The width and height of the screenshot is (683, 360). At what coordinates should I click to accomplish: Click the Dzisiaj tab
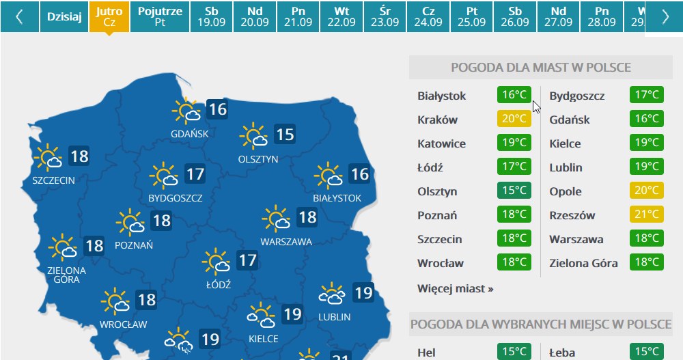click(x=64, y=16)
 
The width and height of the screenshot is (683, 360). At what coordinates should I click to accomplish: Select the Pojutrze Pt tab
click(x=160, y=16)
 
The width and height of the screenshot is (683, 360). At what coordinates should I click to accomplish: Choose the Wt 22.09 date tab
click(x=341, y=16)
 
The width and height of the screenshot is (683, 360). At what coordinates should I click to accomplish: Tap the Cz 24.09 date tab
click(x=428, y=16)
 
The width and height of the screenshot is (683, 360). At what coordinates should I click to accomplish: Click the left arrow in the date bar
click(x=19, y=16)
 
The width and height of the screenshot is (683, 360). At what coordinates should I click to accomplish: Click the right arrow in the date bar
click(x=665, y=16)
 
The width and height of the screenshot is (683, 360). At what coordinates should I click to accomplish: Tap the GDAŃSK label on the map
click(x=190, y=134)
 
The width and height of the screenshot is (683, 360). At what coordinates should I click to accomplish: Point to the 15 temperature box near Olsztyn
click(x=285, y=134)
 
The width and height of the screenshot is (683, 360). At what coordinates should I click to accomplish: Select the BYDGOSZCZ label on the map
click(x=176, y=199)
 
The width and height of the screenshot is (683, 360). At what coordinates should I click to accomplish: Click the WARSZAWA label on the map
click(x=286, y=242)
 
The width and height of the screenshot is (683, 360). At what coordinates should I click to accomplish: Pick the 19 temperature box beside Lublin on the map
click(x=363, y=293)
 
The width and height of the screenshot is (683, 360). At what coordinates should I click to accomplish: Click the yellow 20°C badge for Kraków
click(x=514, y=120)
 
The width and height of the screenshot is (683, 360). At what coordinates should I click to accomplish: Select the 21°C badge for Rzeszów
click(x=646, y=215)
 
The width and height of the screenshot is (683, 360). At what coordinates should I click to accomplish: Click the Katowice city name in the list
click(x=441, y=143)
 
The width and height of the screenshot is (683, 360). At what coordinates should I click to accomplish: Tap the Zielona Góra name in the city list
click(x=583, y=263)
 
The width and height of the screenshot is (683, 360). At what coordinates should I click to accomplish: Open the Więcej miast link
click(x=455, y=288)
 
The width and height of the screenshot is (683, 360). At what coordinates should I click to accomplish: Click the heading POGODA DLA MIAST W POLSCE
click(x=540, y=68)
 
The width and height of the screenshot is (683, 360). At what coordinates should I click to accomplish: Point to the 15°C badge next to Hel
click(x=514, y=352)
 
